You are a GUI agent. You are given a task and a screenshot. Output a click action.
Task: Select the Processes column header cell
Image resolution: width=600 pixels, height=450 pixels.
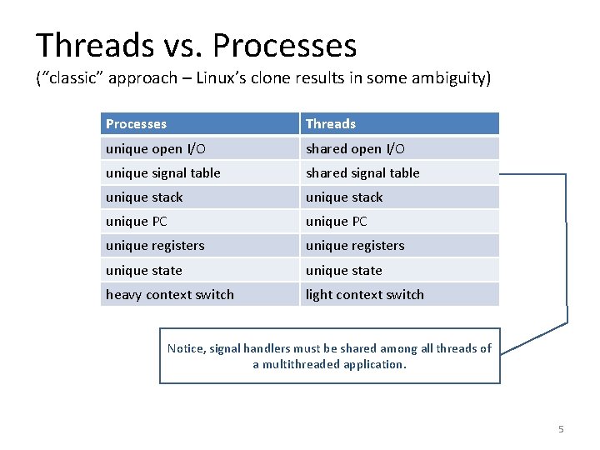coord(199,124)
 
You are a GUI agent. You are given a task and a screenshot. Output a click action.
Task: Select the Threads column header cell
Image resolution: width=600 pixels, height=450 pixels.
coord(399,124)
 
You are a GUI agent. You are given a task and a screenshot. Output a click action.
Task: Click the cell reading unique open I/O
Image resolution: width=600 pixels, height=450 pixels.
coord(199,148)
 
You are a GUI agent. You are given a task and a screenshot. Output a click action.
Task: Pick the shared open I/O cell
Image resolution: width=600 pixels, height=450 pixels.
coord(399,148)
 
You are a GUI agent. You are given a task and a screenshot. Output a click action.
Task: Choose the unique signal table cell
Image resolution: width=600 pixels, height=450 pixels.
coord(199,172)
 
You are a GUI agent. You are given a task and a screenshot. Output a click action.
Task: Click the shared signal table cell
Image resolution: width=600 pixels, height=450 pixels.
coord(399,172)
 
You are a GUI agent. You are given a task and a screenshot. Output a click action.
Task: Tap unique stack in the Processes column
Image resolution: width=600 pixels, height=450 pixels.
coord(199,197)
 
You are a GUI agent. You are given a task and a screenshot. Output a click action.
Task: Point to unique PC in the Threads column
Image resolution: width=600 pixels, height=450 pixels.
coord(399,221)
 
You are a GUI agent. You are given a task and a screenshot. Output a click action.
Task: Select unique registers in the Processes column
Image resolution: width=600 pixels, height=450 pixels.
coord(199,245)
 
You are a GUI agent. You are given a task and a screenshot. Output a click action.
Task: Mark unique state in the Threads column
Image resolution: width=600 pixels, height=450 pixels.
coord(399,270)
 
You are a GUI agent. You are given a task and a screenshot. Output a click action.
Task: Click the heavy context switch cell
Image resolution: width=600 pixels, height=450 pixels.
coord(199,294)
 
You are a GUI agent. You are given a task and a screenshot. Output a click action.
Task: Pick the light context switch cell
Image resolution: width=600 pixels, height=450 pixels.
coord(399,294)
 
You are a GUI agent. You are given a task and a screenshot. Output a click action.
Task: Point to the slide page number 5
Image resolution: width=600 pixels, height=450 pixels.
coord(561,429)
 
